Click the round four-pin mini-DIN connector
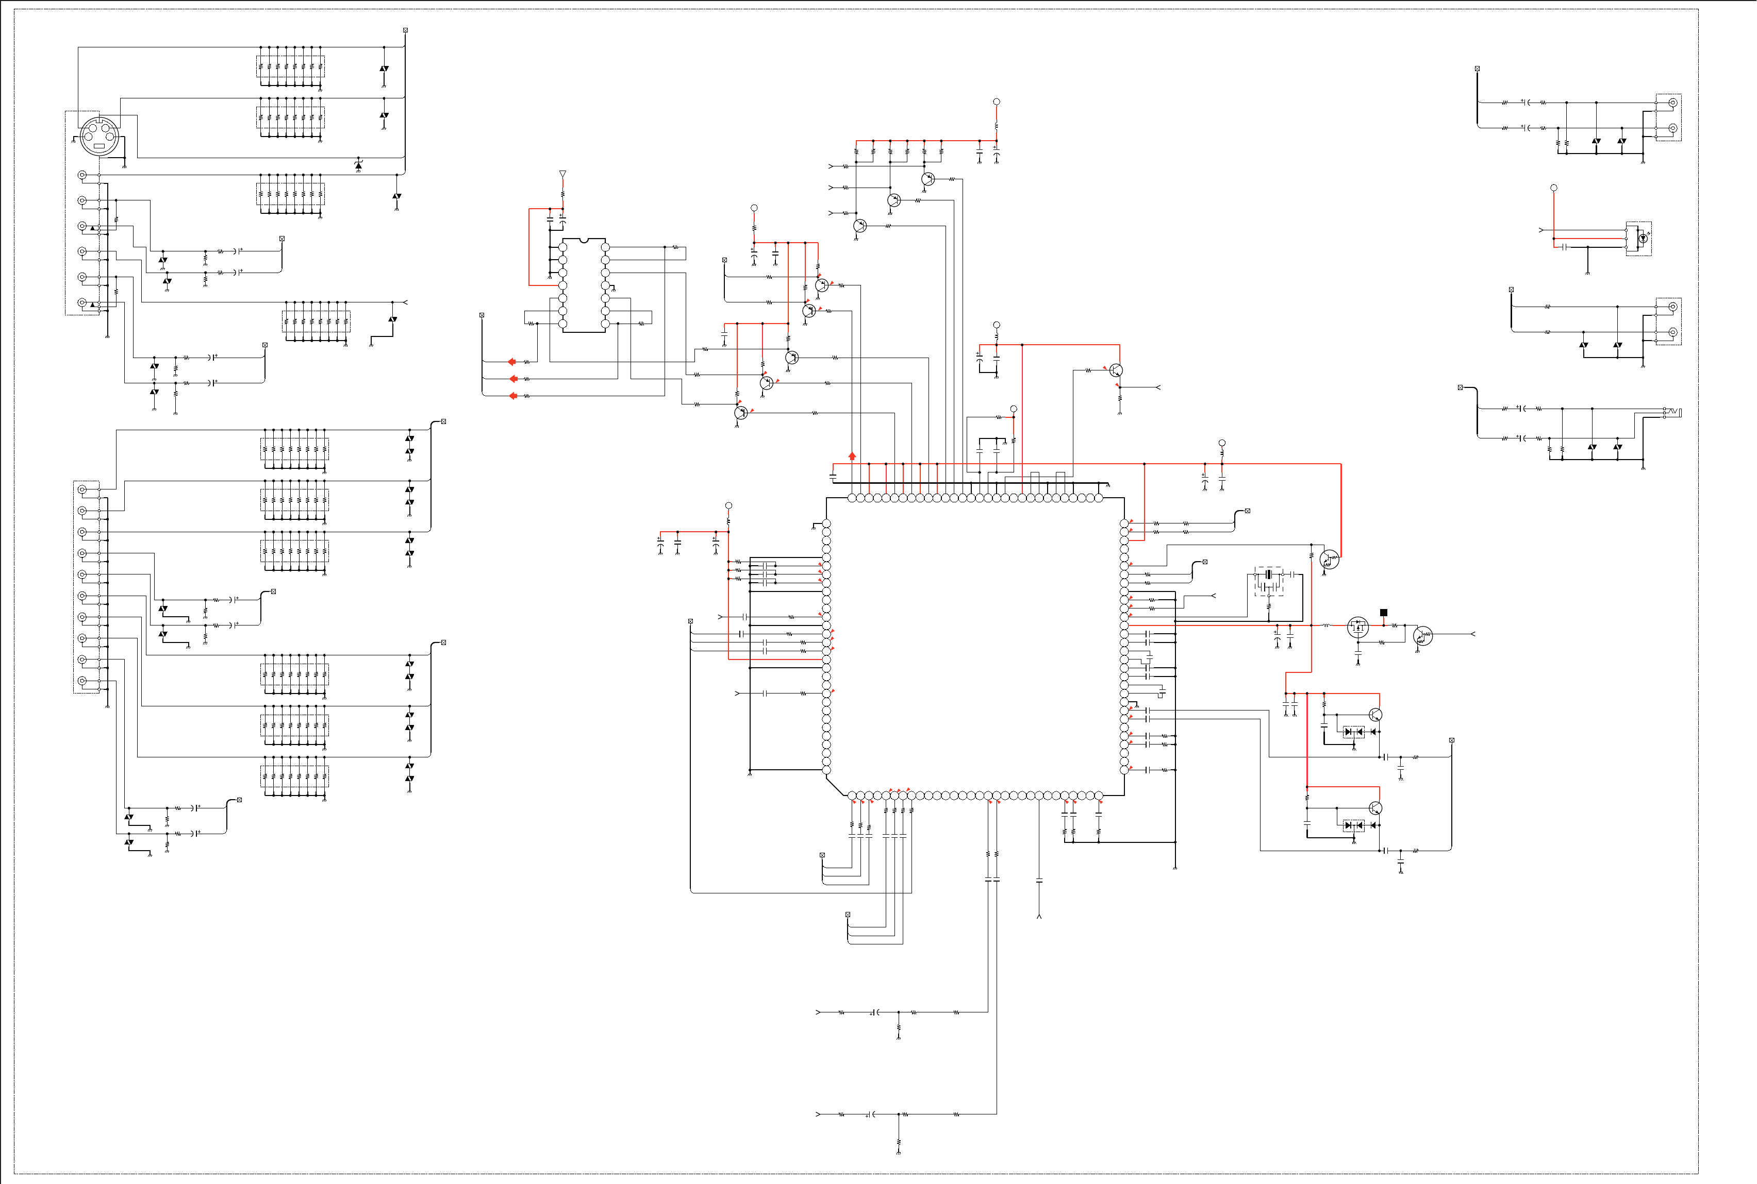click(x=100, y=137)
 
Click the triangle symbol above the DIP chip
click(x=563, y=175)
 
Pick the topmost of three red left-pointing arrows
click(x=512, y=362)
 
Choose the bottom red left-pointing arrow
click(x=512, y=396)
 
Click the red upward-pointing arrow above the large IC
click(x=852, y=456)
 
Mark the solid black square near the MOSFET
click(x=1384, y=613)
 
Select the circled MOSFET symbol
click(x=1358, y=627)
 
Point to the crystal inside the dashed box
click(x=1269, y=576)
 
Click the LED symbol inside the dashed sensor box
click(x=1642, y=239)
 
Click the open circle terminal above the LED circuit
click(x=1554, y=187)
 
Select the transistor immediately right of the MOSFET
click(x=1422, y=636)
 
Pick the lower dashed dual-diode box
click(x=1354, y=825)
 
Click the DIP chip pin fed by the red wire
click(x=563, y=285)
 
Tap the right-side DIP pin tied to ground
click(x=605, y=285)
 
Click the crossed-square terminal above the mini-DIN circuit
click(x=406, y=30)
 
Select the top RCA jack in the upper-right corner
click(x=1673, y=103)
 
